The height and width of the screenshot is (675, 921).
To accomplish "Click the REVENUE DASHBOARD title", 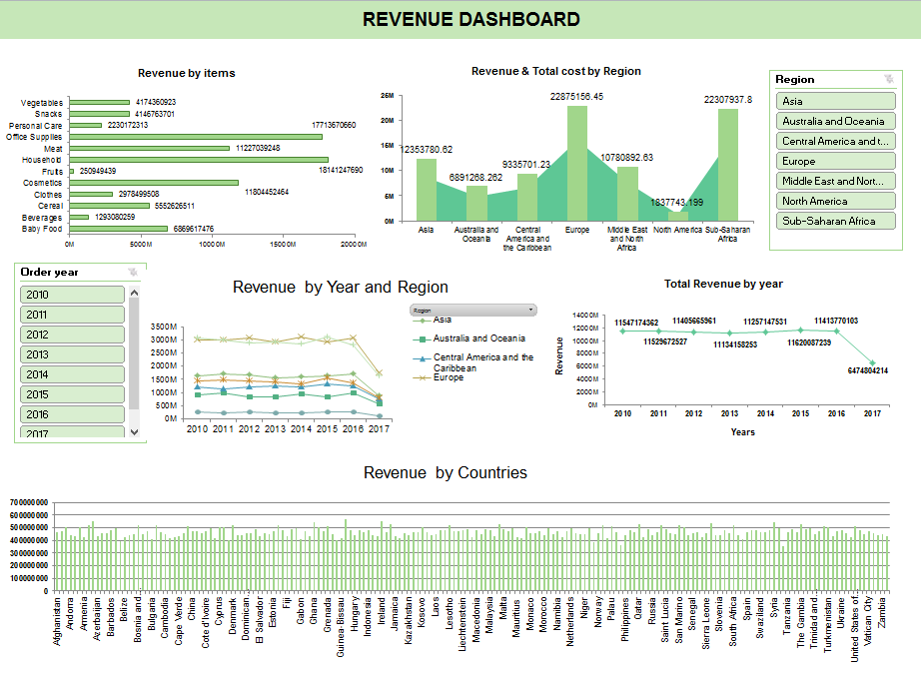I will (470, 19).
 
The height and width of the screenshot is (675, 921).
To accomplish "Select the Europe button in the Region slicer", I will (836, 161).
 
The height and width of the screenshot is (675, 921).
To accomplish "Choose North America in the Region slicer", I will (836, 201).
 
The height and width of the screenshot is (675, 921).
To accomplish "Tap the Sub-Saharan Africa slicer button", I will (836, 221).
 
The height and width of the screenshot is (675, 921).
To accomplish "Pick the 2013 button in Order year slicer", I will (72, 354).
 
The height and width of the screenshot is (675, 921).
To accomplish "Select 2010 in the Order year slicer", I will (72, 295).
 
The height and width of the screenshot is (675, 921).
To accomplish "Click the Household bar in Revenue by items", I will (198, 160).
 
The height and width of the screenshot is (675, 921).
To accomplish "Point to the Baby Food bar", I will (118, 229).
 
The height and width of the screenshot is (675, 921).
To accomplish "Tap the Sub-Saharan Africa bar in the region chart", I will (728, 165).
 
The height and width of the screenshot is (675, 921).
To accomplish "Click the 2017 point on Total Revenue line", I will (872, 362).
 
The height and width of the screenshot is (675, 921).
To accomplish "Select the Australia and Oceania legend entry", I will (478, 338).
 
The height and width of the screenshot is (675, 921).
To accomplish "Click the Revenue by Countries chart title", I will (446, 472).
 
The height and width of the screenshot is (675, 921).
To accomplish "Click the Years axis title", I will (742, 432).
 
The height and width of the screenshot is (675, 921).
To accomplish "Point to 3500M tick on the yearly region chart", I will (164, 327).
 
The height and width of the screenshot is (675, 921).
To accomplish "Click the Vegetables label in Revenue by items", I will (42, 103).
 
